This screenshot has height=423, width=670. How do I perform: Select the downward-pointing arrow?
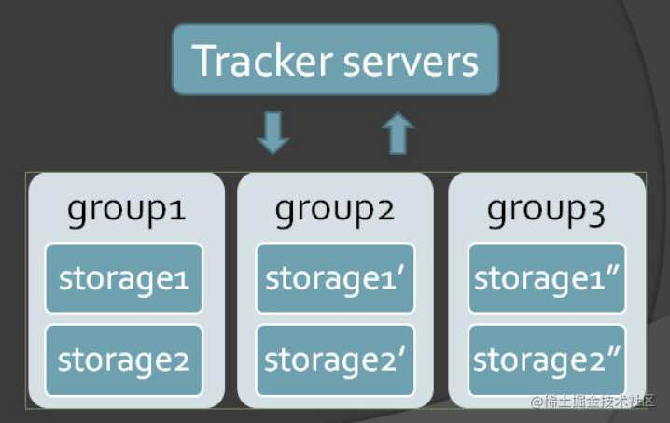272,133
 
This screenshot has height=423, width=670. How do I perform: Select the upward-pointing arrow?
398,133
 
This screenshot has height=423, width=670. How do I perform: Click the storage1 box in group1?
124,278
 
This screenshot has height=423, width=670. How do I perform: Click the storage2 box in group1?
124,360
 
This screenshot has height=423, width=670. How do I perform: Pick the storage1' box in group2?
334,278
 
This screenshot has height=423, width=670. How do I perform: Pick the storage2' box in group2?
334,360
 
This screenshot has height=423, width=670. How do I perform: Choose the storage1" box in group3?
546,278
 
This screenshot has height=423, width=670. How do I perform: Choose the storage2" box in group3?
546,360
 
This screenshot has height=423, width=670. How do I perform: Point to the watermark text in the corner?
594,402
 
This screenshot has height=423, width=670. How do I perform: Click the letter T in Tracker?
204,61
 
